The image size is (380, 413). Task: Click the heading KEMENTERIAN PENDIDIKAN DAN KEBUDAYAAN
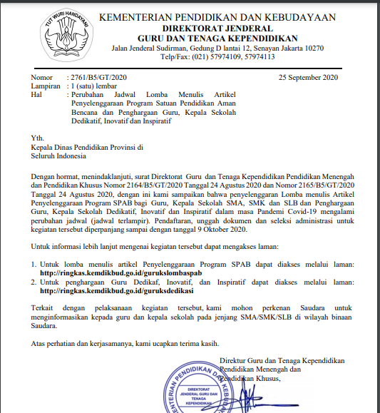[x=217, y=17]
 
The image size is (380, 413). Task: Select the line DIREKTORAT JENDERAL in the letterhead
[x=217, y=28]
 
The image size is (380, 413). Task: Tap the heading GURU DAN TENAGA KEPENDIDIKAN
[x=217, y=38]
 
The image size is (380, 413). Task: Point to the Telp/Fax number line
[x=217, y=58]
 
